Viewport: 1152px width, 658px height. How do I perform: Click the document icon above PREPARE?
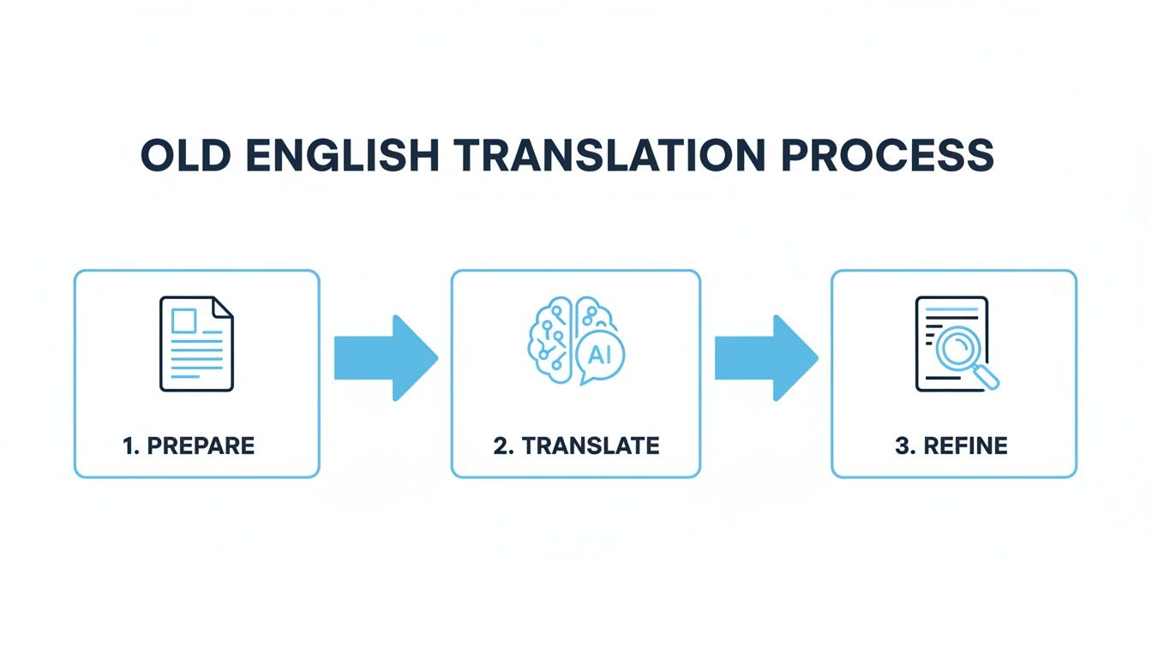196,344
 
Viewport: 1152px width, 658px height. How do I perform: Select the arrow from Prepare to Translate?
385,357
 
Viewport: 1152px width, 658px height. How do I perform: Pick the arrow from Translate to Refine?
765,357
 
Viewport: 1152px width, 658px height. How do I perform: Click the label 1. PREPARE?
189,446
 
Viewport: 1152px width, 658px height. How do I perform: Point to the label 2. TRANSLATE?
576,446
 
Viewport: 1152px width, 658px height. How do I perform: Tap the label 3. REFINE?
951,446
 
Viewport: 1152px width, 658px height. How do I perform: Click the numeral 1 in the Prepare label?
129,446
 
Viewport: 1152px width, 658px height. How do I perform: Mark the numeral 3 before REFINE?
901,446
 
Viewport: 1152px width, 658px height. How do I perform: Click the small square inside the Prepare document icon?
184,320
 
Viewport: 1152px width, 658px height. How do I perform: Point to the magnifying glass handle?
987,377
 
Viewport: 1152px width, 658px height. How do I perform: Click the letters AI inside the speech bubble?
600,356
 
